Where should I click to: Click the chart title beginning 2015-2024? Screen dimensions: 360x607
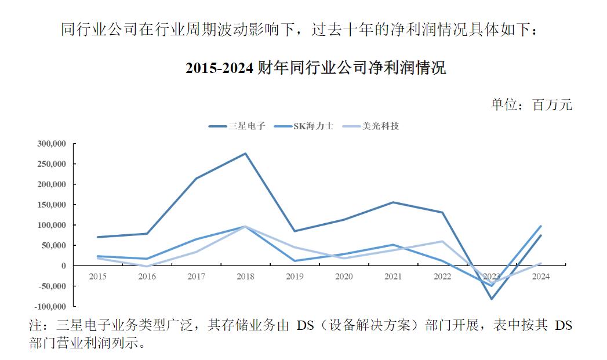pos(315,68)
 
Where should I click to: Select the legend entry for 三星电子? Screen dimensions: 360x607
pos(238,126)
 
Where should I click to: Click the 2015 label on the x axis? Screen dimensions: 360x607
pos(97,277)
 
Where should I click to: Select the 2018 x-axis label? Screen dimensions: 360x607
pos(245,277)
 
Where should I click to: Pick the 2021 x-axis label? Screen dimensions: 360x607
pos(393,277)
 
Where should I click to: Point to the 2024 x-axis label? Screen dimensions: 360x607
pos(541,277)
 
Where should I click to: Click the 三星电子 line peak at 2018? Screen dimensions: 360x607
pos(245,154)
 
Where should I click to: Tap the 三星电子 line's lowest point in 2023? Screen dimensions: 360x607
pos(492,299)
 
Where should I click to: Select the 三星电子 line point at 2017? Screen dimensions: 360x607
pos(196,179)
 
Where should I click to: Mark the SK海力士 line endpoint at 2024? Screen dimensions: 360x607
pos(541,226)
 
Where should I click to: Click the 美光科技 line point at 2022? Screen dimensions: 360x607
pos(442,241)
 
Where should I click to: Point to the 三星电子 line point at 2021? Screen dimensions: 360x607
pos(393,202)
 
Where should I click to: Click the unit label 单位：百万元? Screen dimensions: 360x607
pos(531,104)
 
